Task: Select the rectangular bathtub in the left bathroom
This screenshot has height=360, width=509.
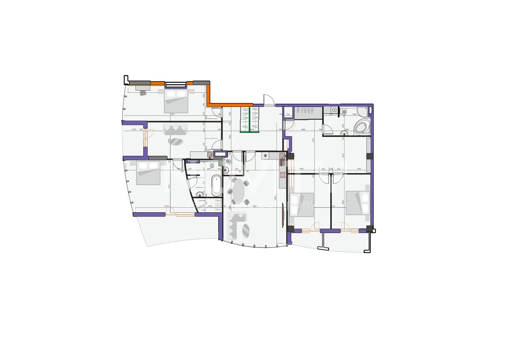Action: coord(216,186)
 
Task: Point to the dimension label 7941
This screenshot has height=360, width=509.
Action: coord(173,114)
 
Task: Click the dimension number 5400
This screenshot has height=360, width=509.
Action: coord(254,207)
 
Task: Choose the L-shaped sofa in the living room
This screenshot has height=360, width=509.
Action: coord(235,226)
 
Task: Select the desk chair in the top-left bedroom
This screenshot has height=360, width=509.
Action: coord(143,93)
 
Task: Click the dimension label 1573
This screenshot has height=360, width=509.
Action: coord(134,130)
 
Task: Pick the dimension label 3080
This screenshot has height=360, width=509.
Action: coord(303,130)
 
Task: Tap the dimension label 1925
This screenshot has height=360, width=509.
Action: coord(359,169)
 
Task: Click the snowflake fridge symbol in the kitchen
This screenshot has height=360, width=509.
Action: coord(265,156)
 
